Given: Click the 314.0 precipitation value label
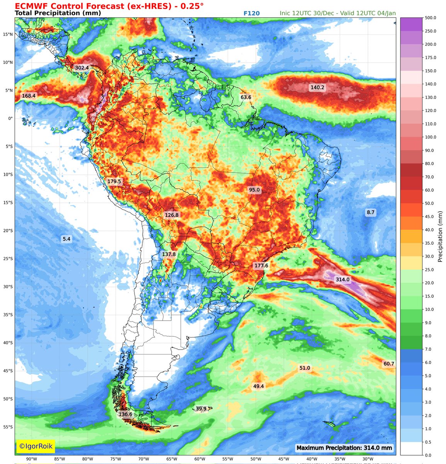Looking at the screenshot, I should tap(342, 280).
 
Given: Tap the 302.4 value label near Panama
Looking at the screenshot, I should tap(82, 68).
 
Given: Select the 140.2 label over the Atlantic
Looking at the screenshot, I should tap(317, 88).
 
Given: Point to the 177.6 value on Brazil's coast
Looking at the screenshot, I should tap(261, 266).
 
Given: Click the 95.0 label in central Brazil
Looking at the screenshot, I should tap(254, 190).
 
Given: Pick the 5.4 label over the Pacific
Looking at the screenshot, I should tap(66, 239).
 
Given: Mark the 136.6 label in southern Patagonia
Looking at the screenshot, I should tap(125, 415).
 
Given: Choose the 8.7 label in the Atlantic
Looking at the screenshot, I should tap(371, 212).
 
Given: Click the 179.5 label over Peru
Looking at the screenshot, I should tap(114, 181).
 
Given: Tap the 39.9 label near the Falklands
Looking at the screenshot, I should tap(201, 409).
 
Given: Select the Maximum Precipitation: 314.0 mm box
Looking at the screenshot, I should tap(344, 448).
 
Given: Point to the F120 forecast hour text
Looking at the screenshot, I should tap(252, 13).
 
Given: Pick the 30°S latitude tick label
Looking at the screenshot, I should tap(8, 287).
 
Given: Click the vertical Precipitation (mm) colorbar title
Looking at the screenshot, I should tap(440, 237).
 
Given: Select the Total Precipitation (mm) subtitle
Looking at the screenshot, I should tap(58, 13).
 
